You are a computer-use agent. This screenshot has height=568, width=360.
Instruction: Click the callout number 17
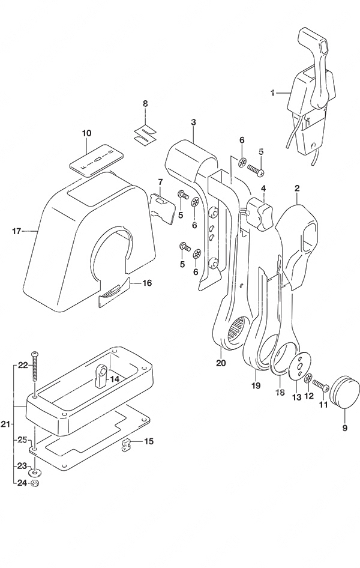tap(17, 231)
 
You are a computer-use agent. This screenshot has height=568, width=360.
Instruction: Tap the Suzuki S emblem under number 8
tap(143, 134)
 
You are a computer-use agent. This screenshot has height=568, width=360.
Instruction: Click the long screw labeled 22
tap(35, 367)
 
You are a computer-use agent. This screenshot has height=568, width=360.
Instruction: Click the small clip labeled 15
tap(125, 445)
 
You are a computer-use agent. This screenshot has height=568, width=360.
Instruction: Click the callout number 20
tap(221, 363)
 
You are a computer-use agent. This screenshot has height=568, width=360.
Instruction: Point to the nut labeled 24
tap(35, 483)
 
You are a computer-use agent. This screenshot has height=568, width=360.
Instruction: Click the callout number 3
tap(194, 122)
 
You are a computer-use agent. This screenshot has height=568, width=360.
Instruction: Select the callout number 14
tap(115, 379)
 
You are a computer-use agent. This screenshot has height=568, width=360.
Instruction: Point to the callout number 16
tap(137, 283)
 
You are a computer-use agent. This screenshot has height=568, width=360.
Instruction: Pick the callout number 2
tap(297, 188)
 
